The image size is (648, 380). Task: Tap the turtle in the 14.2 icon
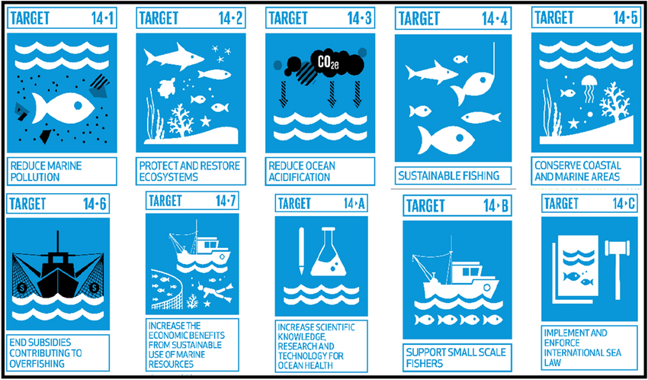coord(166,88)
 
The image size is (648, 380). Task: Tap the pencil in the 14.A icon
coord(301,250)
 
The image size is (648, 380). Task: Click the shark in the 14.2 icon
coord(174,56)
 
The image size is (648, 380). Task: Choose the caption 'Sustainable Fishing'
coord(448,176)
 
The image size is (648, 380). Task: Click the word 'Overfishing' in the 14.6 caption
coord(37,364)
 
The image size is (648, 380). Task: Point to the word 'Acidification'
coord(299,177)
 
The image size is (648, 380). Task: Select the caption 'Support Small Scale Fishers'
coord(456,358)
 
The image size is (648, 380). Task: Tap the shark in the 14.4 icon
coord(431,72)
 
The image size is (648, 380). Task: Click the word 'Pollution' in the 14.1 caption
coord(36,177)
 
